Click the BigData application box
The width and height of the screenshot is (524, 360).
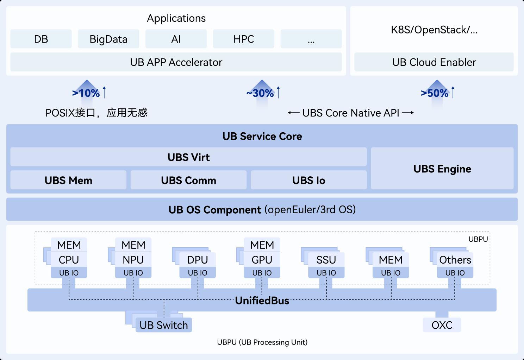[108, 39]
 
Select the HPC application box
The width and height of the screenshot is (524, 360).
[244, 39]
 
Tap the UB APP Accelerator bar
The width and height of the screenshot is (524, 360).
[176, 62]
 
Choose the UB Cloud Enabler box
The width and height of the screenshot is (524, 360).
[434, 62]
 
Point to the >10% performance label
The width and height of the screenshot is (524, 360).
[86, 93]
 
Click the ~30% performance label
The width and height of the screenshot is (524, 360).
[260, 93]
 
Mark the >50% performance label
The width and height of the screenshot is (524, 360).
[435, 93]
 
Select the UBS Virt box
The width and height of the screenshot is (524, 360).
[188, 157]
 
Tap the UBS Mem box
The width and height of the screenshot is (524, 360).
[68, 180]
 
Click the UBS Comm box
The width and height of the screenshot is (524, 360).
[188, 180]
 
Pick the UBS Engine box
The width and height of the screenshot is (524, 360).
[442, 169]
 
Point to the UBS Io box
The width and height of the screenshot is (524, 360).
[308, 180]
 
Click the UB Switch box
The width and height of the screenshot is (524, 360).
[164, 325]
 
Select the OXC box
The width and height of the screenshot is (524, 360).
[442, 325]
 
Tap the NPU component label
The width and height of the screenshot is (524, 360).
[133, 260]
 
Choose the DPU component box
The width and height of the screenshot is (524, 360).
[198, 260]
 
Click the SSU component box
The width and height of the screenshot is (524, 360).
[326, 260]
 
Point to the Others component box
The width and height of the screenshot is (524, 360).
[455, 260]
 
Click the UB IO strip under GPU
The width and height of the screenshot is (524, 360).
[262, 273]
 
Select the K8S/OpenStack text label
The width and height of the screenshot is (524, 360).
[434, 30]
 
